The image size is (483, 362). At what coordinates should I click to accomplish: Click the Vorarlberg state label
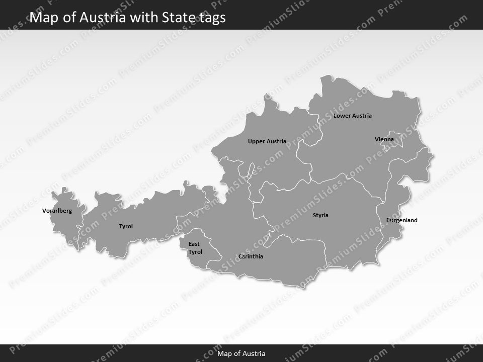point(57,211)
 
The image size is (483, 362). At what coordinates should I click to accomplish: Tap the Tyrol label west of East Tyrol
point(126,226)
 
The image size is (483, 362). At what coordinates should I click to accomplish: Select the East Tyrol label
point(195,248)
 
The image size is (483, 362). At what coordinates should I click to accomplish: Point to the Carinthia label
point(251,256)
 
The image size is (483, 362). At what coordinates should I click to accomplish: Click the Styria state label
point(320,215)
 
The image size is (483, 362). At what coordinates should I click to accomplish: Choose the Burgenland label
point(402,220)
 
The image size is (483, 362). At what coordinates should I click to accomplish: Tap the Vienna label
point(384,139)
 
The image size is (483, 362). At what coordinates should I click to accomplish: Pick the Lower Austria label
point(352,116)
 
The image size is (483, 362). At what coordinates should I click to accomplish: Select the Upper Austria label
point(267,141)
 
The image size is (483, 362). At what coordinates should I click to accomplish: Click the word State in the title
point(174,18)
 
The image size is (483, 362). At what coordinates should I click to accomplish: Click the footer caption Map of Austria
point(242,353)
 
